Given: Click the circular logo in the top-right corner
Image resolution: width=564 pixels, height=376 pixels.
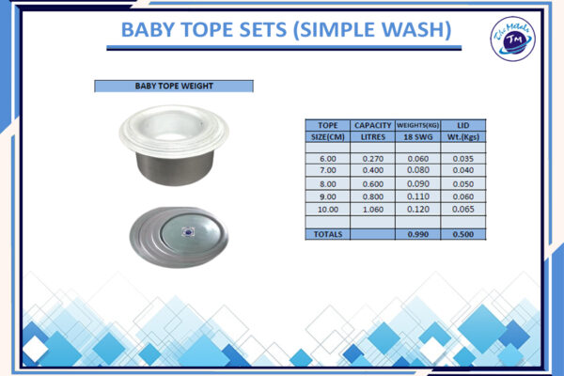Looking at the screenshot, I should point(512,39).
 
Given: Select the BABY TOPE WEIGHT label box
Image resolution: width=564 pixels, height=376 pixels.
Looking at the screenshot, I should point(174,86).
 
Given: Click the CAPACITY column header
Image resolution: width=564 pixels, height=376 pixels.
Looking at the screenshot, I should point(372,125).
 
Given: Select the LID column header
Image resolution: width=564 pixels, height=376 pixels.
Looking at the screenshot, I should point(463,125).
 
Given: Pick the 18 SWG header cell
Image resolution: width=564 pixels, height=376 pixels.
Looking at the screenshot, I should point(417,136).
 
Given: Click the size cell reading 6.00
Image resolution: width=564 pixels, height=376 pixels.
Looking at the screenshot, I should point(328,159).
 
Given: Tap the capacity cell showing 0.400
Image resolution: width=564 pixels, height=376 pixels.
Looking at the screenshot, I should point(372,170).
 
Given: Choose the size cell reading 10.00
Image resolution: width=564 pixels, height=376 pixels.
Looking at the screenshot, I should point(328,210).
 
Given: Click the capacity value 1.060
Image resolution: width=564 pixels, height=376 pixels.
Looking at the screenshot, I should point(372,210).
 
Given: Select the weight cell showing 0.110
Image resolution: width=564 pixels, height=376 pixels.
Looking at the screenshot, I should point(417,197).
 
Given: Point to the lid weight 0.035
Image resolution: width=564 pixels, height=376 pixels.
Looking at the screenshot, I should point(463,159).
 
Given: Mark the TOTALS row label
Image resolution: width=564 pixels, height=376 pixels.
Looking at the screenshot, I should point(328,233).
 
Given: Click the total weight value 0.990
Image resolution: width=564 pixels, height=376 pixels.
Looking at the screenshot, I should point(417,233).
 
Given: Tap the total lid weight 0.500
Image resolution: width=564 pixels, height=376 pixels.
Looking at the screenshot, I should point(463,233).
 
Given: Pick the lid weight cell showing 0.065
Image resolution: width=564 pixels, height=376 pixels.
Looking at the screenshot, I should point(463,210).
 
